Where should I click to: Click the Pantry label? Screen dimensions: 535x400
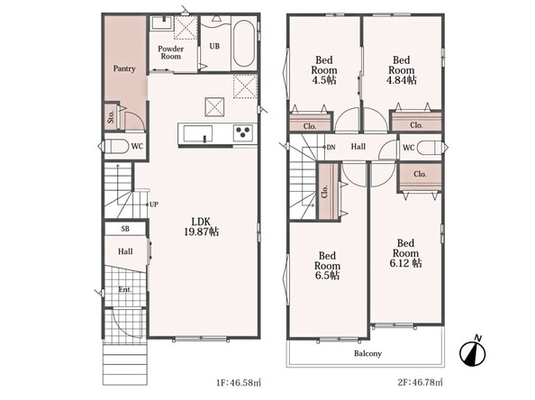point(124,68)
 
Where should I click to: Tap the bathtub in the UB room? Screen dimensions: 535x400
point(243,44)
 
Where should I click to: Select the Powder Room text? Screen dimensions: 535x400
point(170,52)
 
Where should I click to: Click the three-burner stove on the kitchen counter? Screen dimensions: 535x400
point(243,133)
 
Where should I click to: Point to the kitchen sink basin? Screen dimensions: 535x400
point(198,133)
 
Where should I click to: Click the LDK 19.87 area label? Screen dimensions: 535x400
point(202,226)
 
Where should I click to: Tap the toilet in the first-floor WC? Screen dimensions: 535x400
point(118,147)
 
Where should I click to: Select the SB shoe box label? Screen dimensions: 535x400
point(125,229)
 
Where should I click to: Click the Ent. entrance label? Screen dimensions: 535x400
point(125,289)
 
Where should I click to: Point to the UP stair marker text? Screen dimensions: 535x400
point(154,205)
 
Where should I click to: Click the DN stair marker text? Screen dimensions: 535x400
point(331,148)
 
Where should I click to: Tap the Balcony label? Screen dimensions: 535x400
point(367,353)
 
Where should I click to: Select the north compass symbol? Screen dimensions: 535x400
point(473,351)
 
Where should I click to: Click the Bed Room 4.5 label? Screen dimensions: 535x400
point(324,70)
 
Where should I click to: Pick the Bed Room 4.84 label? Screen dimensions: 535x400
point(402,70)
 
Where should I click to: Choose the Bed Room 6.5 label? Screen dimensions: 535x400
point(327,266)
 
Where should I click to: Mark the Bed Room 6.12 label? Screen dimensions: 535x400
point(405,253)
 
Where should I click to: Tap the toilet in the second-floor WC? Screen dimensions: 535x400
point(428,148)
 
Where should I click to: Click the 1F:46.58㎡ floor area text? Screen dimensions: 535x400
point(239,383)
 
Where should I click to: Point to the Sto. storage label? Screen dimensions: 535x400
point(111,117)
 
